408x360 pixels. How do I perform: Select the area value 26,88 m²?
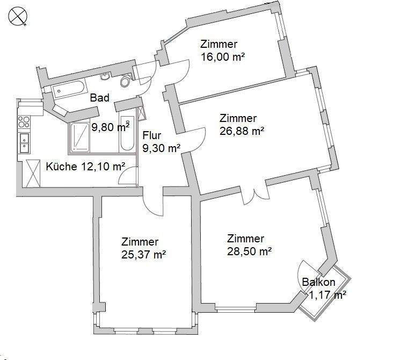point(242,130)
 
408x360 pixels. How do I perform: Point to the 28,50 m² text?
point(249,251)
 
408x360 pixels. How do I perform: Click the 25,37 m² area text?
point(143,255)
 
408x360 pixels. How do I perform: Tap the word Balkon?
point(319,282)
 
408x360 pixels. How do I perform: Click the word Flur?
point(152,135)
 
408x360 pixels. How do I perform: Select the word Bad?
point(99,98)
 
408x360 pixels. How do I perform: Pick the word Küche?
point(62,166)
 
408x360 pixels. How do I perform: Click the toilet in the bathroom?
point(126,82)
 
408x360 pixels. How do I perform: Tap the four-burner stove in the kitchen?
point(24,122)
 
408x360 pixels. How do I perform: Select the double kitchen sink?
point(25,143)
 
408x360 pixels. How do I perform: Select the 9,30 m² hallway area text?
point(161,148)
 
